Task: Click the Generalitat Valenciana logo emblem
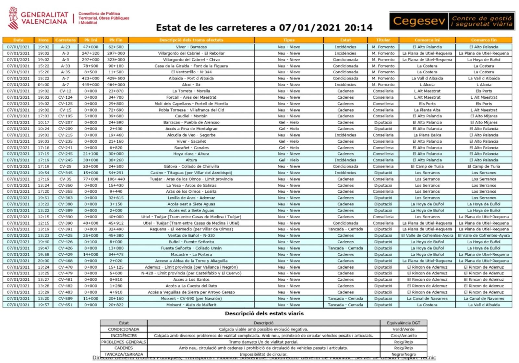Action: (13, 18)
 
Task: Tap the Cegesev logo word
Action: (419, 21)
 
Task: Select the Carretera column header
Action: (65, 40)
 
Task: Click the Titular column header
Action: (383, 40)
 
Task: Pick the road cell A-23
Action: (65, 47)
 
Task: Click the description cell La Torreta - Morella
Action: (191, 91)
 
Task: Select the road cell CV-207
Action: (65, 123)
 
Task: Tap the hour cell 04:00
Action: (43, 85)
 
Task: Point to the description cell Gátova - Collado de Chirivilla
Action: (191, 166)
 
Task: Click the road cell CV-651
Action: (65, 305)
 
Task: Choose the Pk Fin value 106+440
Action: (116, 179)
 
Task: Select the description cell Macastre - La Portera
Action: (191, 255)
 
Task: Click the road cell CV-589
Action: (65, 298)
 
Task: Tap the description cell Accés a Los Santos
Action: (191, 280)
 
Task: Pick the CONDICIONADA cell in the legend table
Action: (124, 329)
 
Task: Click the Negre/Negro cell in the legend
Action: (404, 355)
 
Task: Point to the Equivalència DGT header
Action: (404, 323)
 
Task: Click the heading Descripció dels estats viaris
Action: (264, 314)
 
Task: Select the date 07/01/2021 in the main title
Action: (310, 28)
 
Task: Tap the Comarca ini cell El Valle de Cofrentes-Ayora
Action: (427, 236)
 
